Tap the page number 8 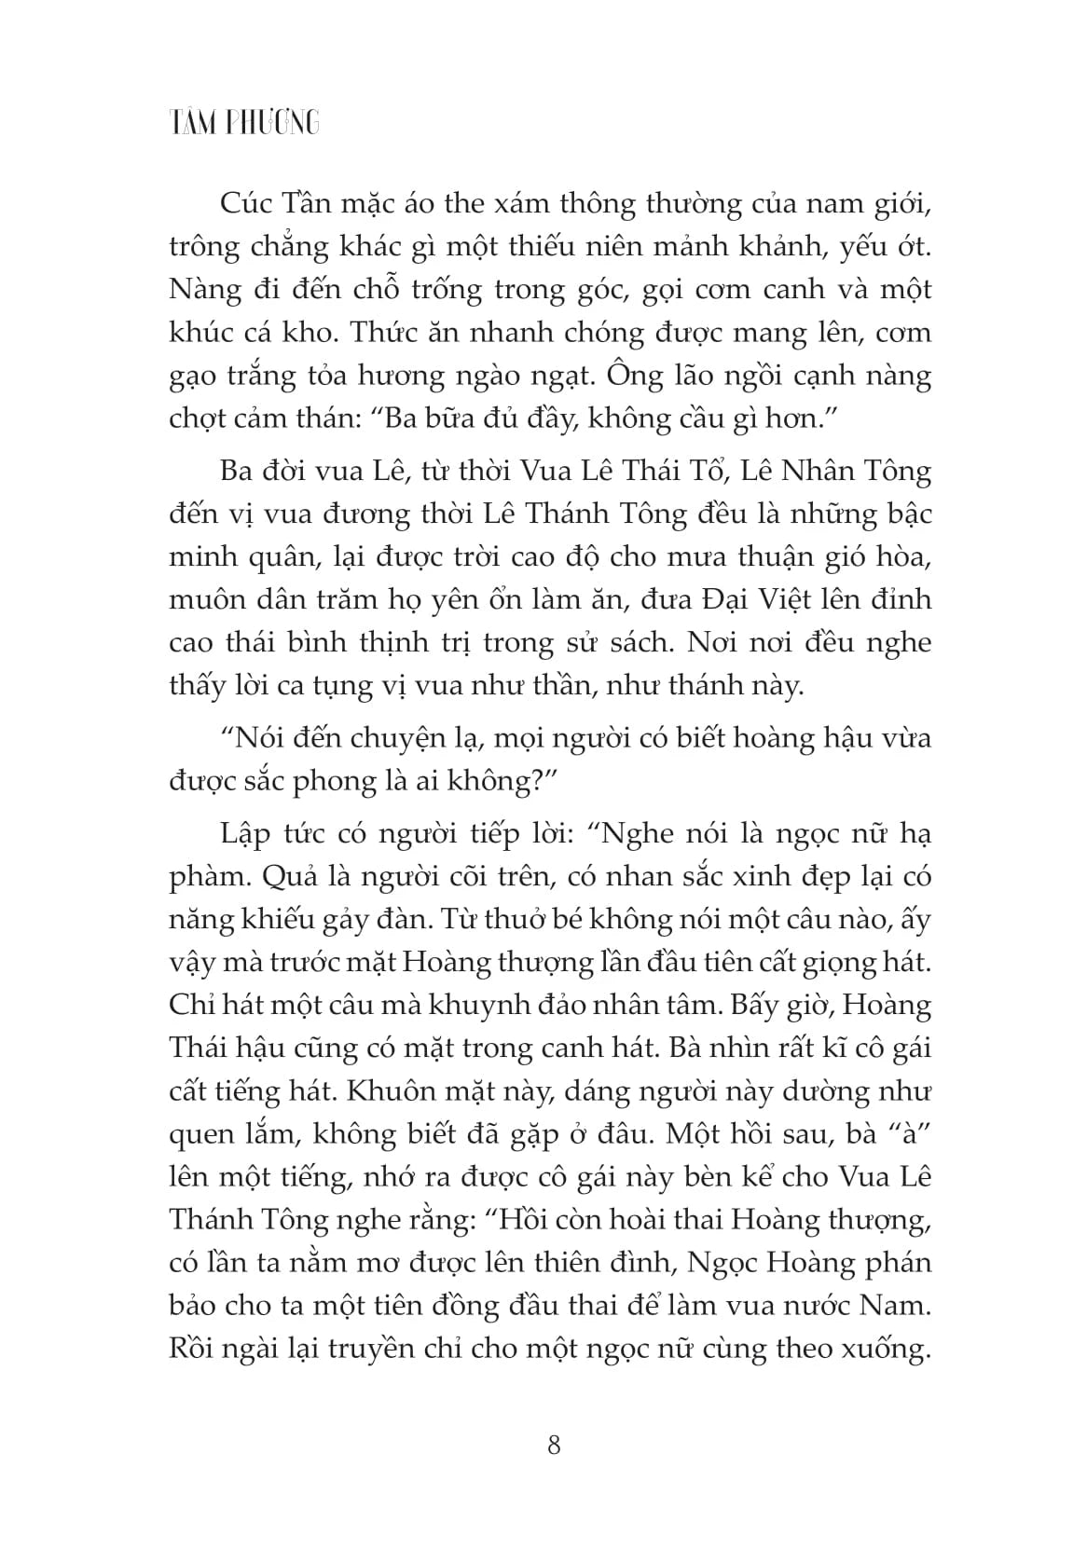[x=554, y=1446]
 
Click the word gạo [x=194, y=376]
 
